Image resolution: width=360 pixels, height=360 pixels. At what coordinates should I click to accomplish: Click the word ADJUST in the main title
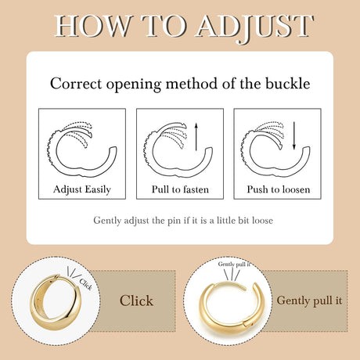[255, 27]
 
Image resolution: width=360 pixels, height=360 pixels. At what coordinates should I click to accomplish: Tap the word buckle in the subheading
[288, 84]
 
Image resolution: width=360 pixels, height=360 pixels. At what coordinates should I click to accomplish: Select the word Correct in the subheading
[76, 84]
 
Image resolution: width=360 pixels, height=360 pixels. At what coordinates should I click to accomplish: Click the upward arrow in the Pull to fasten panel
[196, 137]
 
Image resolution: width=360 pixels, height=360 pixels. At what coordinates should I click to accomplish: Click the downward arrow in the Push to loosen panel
[294, 135]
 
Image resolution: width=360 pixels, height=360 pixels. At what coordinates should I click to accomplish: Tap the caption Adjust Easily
[82, 189]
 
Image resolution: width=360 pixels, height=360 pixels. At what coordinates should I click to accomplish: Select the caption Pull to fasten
[180, 189]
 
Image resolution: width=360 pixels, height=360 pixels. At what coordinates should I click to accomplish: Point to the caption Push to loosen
[279, 189]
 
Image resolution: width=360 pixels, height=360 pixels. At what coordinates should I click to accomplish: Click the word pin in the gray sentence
[174, 221]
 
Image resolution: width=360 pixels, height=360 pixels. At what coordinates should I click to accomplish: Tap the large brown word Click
[136, 301]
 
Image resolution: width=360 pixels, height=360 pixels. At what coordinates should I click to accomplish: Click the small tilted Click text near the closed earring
[85, 284]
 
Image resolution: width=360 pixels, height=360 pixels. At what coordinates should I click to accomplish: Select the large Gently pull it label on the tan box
[309, 301]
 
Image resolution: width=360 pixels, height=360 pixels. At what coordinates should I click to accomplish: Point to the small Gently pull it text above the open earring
[234, 265]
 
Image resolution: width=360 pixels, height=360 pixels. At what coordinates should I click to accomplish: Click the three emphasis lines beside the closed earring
[73, 272]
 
